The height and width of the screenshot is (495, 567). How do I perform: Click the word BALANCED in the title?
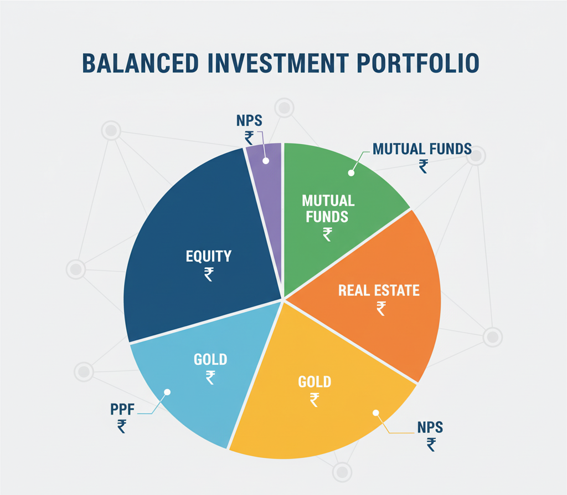tap(140, 63)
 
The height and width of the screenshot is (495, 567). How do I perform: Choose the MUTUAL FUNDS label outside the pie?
tap(422, 149)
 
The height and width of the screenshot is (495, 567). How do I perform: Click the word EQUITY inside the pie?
tap(208, 256)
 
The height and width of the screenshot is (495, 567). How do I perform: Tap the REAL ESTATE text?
tap(379, 290)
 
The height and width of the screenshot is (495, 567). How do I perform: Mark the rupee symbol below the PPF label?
tap(122, 426)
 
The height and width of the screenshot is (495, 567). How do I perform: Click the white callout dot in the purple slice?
tap(265, 161)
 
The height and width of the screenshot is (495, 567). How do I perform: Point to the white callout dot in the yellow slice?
tap(376, 412)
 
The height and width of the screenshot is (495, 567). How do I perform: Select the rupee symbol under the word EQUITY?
tap(209, 274)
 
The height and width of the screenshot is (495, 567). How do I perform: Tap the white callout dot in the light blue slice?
tap(167, 392)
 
